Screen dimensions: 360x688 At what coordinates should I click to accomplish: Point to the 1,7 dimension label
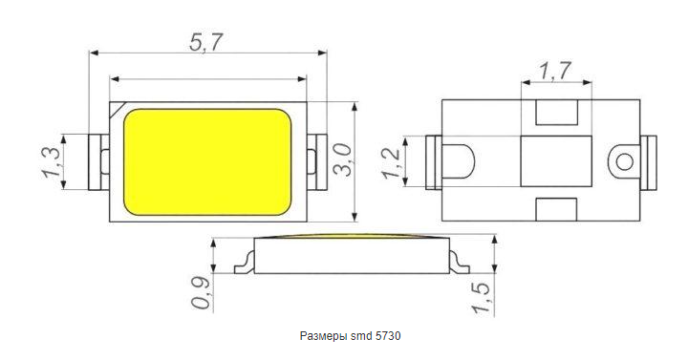coord(555,71)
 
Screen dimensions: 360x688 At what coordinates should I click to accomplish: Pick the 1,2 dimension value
coord(392,163)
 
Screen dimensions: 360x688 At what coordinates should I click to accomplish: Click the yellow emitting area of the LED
coord(208,160)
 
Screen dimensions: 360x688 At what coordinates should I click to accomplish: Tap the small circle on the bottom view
coord(625,159)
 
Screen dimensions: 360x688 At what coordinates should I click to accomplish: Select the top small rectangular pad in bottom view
coord(557,113)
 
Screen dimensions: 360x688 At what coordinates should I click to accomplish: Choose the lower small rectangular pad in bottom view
coord(557,208)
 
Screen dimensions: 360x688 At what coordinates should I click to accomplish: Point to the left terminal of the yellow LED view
coord(98,159)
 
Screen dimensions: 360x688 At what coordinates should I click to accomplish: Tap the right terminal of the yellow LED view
coord(317,159)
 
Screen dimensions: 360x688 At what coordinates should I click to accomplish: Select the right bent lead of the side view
coord(459,259)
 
